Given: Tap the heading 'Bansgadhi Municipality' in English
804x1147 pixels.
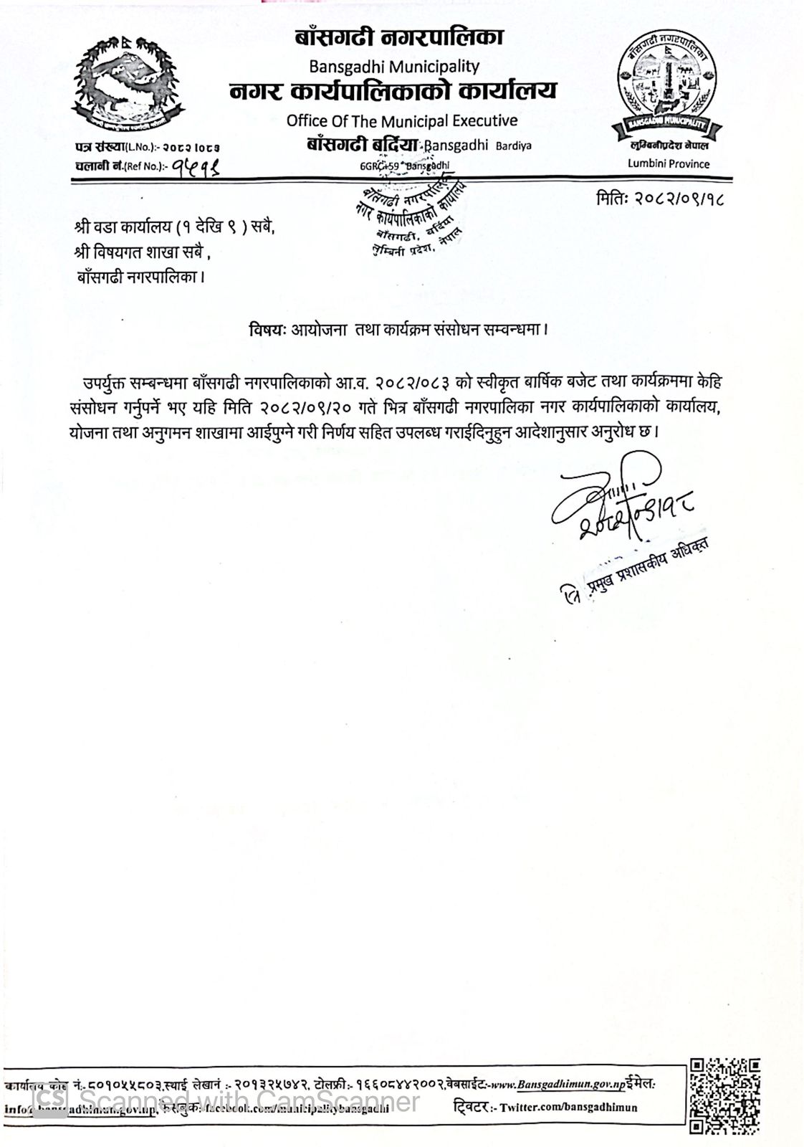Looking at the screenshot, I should coord(393,67).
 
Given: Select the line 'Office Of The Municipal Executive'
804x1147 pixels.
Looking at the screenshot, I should coord(401,120).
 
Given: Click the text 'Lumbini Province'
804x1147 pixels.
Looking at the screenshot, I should coord(668,164).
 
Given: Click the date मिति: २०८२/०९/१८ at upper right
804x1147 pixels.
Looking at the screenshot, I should coord(659,198).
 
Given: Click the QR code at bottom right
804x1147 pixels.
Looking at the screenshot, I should coord(724,1095).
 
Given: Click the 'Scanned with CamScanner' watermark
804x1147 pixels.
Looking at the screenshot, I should coord(229,1100).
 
